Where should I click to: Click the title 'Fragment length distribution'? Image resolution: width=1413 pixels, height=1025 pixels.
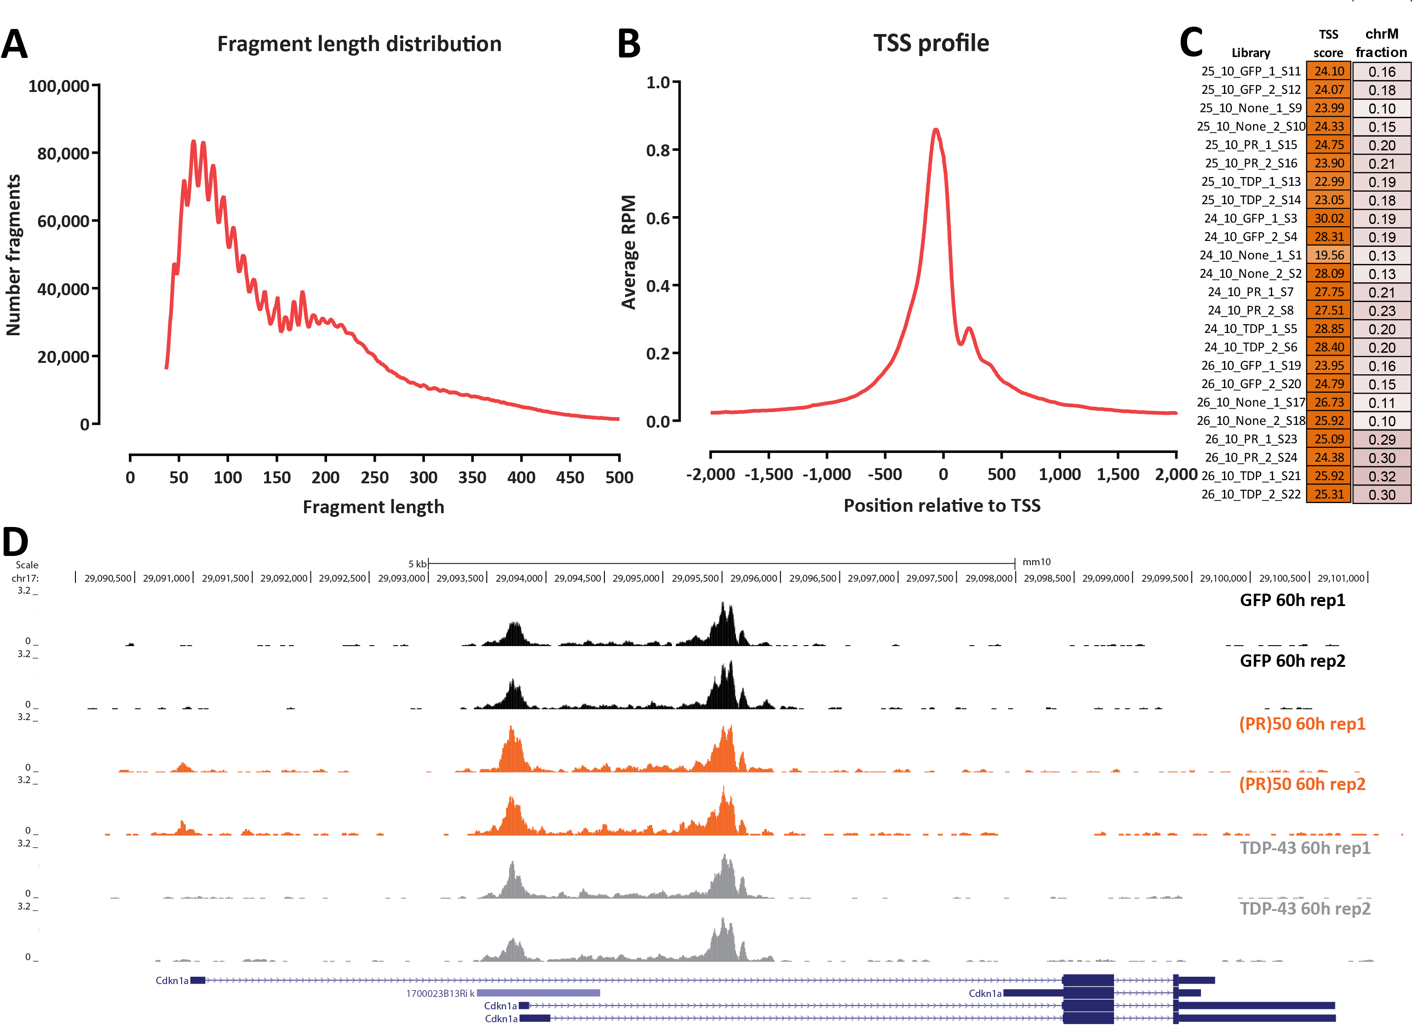(x=359, y=44)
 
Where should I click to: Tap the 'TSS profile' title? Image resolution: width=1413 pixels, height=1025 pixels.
(x=931, y=43)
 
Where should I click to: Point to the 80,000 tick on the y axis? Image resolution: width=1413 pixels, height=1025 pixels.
(x=63, y=153)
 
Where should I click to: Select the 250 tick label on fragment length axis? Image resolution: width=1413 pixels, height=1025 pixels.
(x=374, y=478)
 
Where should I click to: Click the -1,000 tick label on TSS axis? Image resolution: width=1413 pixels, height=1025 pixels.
(x=826, y=475)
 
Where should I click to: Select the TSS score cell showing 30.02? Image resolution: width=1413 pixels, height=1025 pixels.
(x=1329, y=218)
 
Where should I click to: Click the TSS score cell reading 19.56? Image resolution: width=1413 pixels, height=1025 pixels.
(x=1329, y=255)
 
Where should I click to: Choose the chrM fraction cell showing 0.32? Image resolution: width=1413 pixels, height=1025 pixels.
(x=1382, y=476)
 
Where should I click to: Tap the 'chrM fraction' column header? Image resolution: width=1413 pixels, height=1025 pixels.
(x=1381, y=43)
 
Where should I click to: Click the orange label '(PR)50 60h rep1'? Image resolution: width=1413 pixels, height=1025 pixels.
(x=1302, y=724)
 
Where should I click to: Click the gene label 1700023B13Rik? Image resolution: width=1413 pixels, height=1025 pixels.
(x=440, y=993)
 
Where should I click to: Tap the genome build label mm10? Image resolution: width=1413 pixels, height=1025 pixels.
(x=1037, y=561)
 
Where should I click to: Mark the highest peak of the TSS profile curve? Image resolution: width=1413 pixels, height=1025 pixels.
(x=935, y=130)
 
